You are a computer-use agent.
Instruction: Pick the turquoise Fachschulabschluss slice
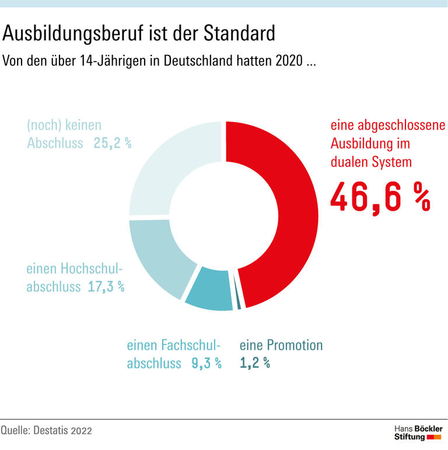(209, 289)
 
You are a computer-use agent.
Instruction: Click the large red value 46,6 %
(380, 196)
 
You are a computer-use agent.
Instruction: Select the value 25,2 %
(112, 143)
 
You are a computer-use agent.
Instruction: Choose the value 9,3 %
(206, 363)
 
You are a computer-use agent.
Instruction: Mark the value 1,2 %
(255, 363)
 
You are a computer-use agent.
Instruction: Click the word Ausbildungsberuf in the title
(75, 34)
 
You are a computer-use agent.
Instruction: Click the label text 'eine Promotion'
(281, 345)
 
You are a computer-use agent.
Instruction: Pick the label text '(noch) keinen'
(64, 125)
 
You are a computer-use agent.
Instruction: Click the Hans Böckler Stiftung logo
(418, 432)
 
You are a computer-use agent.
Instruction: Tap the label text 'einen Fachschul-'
(173, 345)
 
